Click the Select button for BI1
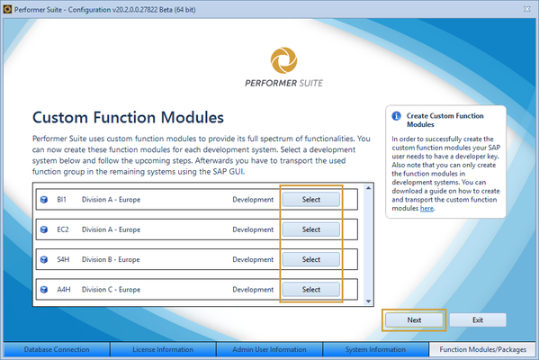click(x=310, y=199)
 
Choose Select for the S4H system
click(x=310, y=259)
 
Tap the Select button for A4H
click(x=310, y=290)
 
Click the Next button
click(x=414, y=319)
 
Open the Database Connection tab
click(x=56, y=350)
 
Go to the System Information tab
click(x=374, y=350)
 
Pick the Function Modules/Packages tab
click(x=482, y=350)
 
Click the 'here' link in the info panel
click(x=426, y=208)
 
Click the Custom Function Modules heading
click(x=128, y=117)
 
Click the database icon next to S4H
click(x=43, y=259)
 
